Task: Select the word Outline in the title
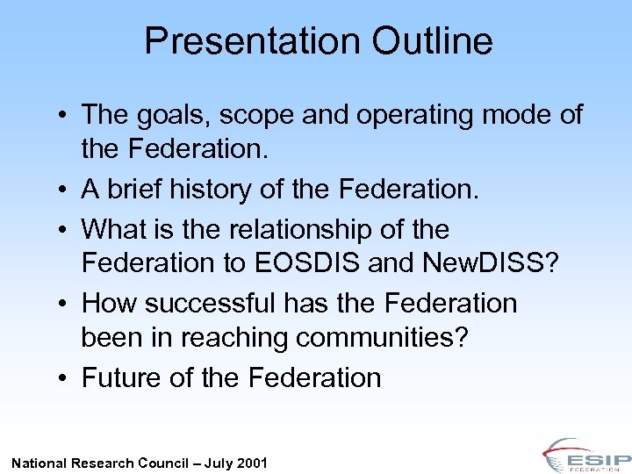pyautogui.click(x=433, y=41)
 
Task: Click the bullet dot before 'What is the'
pyautogui.click(x=66, y=231)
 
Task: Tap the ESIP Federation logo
pyautogui.click(x=585, y=455)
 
